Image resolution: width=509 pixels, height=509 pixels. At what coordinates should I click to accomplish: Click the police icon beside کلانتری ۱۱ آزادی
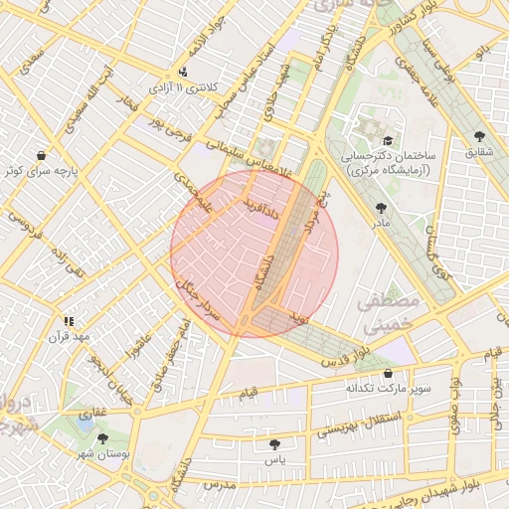(182, 73)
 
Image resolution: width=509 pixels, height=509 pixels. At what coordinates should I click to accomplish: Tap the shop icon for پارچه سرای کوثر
(41, 155)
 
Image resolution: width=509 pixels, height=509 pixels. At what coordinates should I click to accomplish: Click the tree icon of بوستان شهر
(102, 438)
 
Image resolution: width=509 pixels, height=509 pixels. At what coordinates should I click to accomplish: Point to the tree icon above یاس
(274, 444)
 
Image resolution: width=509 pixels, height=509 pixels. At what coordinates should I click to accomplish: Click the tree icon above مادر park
(382, 208)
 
